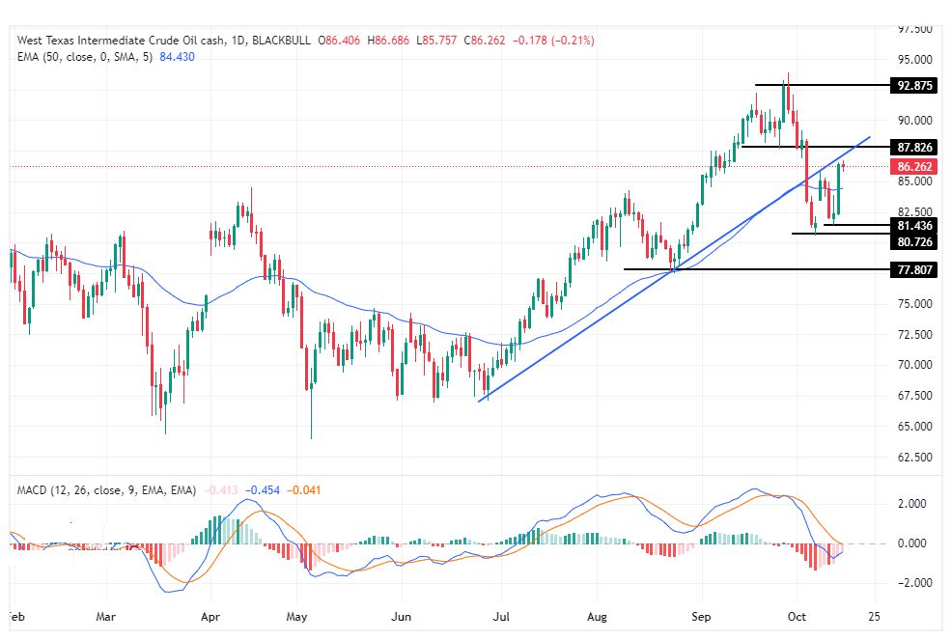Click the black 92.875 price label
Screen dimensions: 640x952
tap(914, 85)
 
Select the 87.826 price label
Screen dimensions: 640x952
tap(914, 147)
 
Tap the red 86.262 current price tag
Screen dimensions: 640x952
tap(914, 166)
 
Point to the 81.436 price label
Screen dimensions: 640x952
tap(914, 225)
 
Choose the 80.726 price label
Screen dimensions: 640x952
tap(914, 241)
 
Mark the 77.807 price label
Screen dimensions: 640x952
tap(914, 269)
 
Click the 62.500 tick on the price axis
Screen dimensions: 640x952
tap(913, 457)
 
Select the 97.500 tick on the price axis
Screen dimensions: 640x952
tap(913, 29)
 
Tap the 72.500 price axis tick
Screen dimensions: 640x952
tap(913, 334)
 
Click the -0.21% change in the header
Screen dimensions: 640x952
tap(576, 41)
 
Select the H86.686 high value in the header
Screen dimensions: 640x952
tap(391, 41)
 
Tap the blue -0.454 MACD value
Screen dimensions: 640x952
tap(263, 490)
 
